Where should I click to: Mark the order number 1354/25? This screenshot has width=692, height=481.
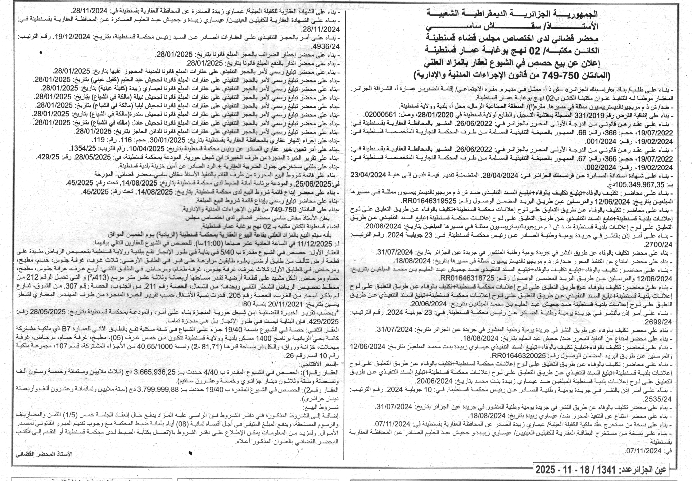(x=83, y=149)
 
